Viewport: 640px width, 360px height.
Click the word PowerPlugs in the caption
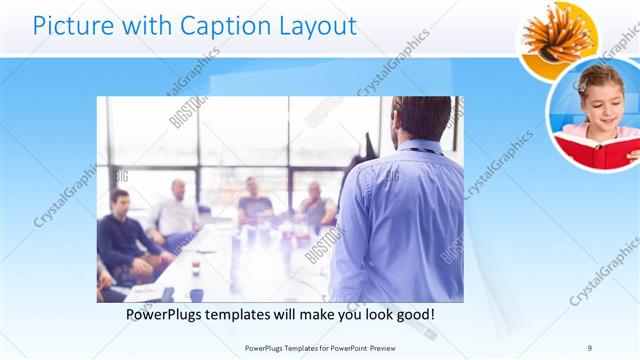(167, 315)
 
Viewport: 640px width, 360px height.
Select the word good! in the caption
(413, 315)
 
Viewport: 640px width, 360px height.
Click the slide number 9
(590, 348)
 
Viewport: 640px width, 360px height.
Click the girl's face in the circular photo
(598, 100)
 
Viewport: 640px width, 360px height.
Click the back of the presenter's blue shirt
(400, 220)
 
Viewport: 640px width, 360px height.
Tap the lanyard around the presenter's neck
(420, 150)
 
